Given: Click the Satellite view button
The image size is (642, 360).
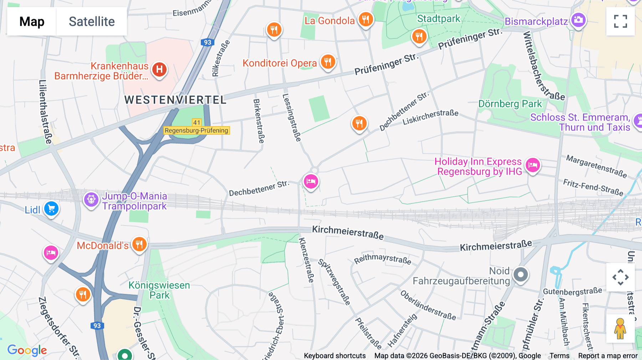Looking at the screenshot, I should coord(92,21).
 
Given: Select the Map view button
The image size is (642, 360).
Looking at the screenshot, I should coord(32,21).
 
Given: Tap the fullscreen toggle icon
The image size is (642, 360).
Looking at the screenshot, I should coord(620,21).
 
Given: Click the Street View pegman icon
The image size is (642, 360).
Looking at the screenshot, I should coord(620,328).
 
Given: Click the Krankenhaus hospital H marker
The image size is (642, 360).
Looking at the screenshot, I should coord(159,69).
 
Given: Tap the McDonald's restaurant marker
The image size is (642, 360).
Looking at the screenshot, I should coord(139,245).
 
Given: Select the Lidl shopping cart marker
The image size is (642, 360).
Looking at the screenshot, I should coord(51,209).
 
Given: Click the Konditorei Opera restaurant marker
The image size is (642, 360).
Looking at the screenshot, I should coord(328,62).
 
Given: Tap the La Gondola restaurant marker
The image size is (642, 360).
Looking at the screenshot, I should coord(366,19).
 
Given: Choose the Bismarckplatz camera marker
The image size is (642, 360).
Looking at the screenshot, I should coord(578,20).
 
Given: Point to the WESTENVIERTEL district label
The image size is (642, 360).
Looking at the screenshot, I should coord(175,100).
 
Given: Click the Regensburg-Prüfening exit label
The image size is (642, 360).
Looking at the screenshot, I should coord(197,130).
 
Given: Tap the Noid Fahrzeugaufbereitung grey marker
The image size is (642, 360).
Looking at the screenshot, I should coord(520,275).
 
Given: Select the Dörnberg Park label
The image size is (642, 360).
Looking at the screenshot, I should coord(510,104).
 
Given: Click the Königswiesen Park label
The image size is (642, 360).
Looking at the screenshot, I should coord(159,290).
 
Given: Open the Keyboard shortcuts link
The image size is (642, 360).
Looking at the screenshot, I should coord(335,356).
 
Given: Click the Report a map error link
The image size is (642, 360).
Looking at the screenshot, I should coord(607,356).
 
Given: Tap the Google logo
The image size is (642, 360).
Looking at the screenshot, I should coord(27,350).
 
